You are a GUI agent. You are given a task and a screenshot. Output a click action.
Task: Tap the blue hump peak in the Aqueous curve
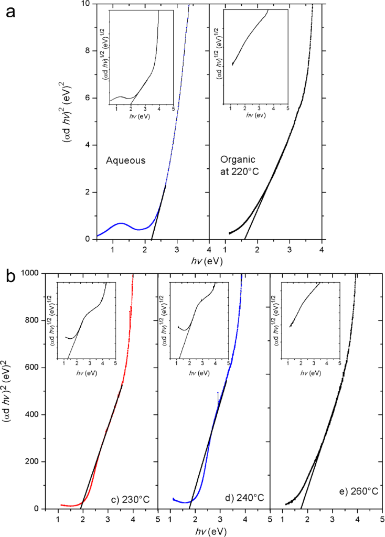[x=121, y=223]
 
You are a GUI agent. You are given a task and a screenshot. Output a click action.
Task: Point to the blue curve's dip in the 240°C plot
[x=183, y=502]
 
